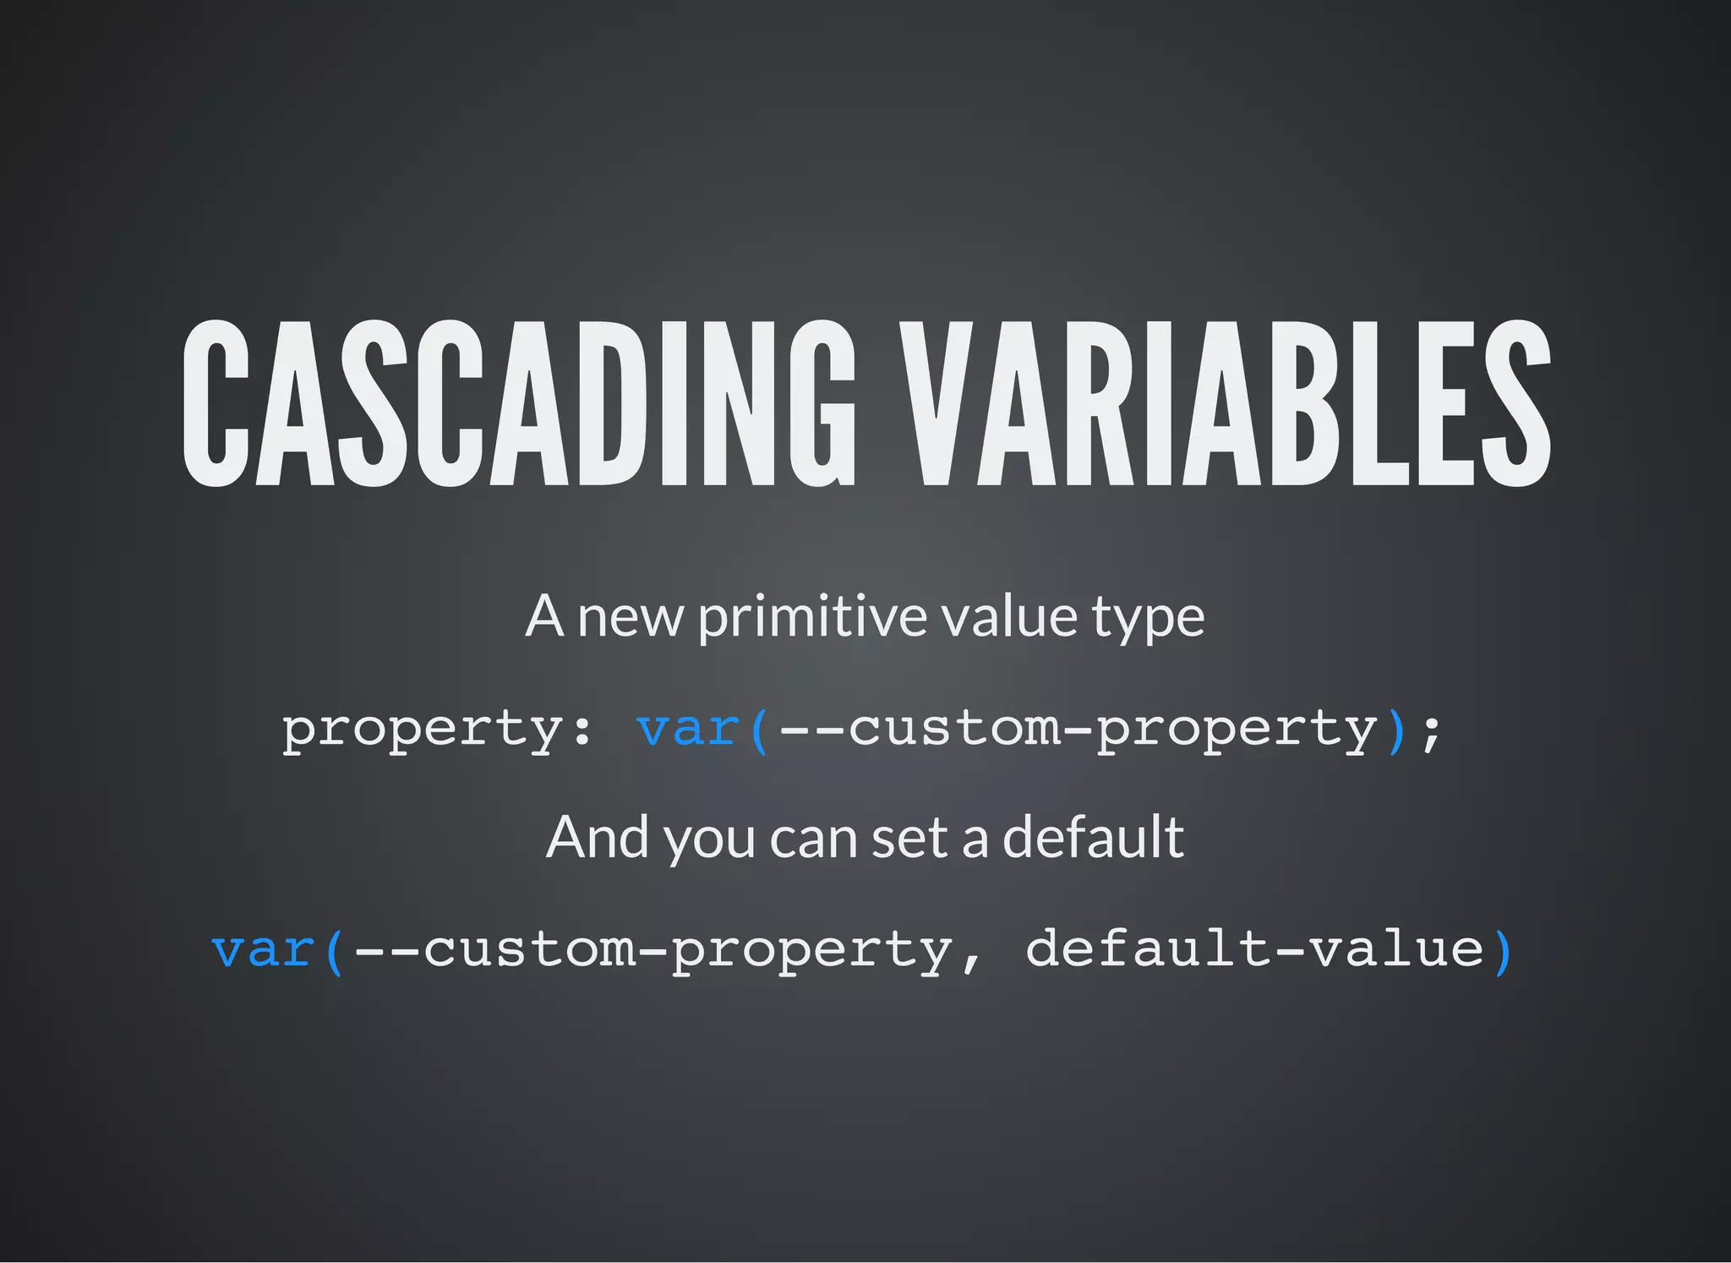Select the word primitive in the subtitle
812,616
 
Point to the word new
630,618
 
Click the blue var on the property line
688,729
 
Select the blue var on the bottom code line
264,949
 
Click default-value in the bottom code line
1254,949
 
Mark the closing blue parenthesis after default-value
1503,951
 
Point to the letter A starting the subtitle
544,616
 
